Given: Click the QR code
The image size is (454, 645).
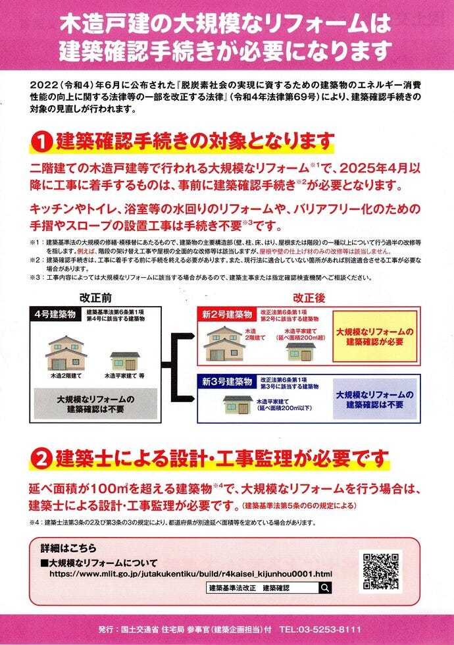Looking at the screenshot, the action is coord(381,571).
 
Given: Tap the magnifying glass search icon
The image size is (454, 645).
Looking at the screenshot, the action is coord(325,588).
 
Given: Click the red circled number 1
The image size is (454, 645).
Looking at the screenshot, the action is coord(41,142).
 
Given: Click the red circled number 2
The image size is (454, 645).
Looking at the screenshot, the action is coord(41,459).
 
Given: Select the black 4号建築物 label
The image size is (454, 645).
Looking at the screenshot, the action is coord(55,315).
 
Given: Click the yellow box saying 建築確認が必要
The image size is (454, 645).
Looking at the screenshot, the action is coord(374,336).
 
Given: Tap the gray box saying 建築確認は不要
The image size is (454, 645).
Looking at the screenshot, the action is coord(95,404).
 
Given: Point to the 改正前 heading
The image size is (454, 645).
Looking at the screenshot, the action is coord(95,297).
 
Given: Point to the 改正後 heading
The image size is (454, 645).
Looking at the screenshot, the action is coord(309,297).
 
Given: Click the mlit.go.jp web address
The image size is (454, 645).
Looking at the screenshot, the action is coord(191,574).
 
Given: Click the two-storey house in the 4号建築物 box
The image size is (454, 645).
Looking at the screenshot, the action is coord(66,353).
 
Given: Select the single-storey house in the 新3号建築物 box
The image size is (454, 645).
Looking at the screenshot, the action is coord(238,405).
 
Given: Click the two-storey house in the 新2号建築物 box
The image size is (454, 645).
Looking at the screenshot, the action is coord(224,344).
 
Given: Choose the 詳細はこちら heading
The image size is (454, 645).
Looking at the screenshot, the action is coord(68,548).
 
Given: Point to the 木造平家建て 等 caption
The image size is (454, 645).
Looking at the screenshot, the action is coord(124,376).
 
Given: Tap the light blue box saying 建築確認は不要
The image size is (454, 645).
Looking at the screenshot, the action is coord(374,400).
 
